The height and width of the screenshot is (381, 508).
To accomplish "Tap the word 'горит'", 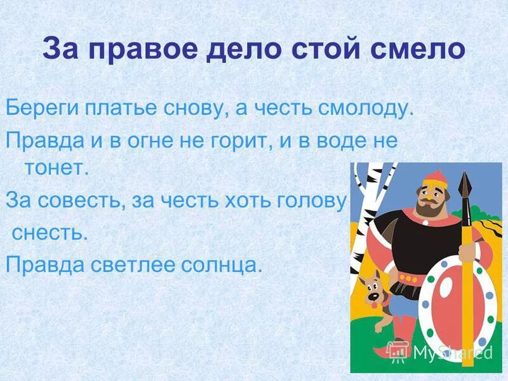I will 233,140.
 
